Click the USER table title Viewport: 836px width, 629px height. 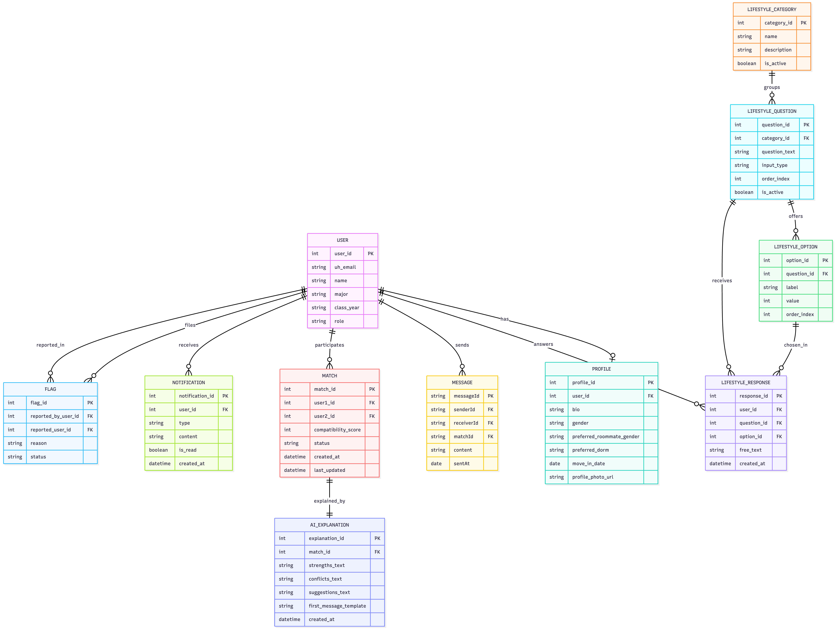click(342, 240)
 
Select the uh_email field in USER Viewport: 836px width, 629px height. click(345, 267)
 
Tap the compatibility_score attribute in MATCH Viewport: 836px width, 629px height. click(337, 430)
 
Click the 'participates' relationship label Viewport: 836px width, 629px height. click(329, 345)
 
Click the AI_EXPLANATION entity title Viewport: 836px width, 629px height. click(329, 525)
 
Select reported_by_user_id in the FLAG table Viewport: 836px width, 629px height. click(54, 416)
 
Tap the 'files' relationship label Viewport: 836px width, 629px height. click(190, 325)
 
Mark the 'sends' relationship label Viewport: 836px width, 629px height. click(462, 345)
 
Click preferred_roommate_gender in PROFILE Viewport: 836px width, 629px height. click(605, 437)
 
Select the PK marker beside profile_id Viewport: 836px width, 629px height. click(650, 382)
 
